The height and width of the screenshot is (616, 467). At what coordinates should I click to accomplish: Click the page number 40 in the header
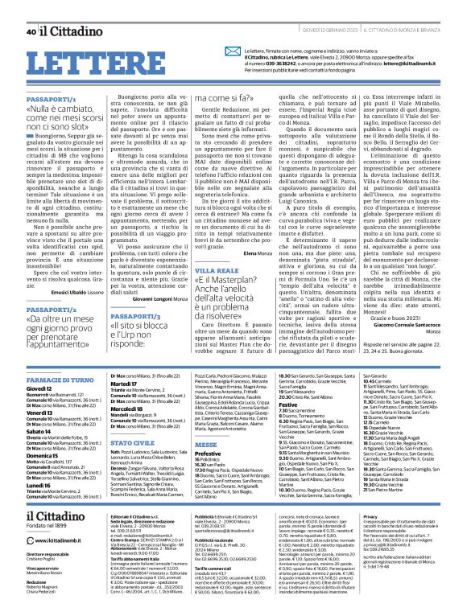31,9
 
